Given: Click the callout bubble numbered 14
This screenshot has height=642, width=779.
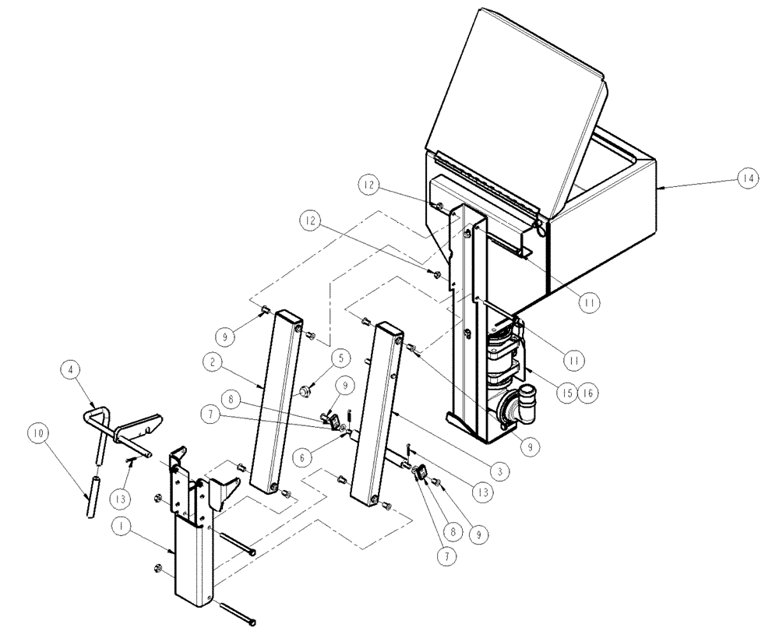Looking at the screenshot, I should click(747, 178).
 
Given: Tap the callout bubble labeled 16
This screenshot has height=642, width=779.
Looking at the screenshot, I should click(585, 393).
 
